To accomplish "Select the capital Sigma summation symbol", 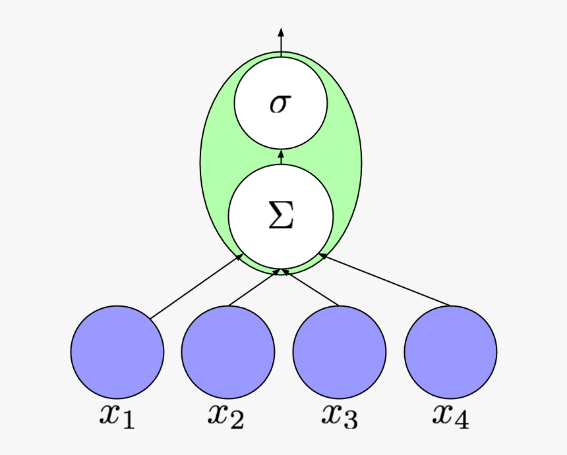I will [x=281, y=217].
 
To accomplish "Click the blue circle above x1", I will [x=117, y=352].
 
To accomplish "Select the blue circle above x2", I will [x=228, y=352].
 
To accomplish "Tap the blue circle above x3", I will [x=339, y=352].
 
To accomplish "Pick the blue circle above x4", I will [x=450, y=352].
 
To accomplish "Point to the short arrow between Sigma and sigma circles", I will [x=281, y=157].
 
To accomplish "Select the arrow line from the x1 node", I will [x=194, y=288].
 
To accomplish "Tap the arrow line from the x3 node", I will [x=310, y=288].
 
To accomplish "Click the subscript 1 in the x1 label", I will [x=128, y=421].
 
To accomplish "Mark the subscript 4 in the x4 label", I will [x=462, y=421].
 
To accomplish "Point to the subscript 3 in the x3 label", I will [x=351, y=421].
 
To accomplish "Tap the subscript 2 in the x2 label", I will [x=237, y=421].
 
